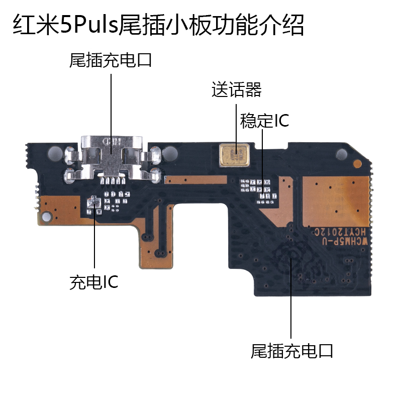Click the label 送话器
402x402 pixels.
237,90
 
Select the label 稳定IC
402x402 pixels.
265,121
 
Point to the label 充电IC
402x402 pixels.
94,282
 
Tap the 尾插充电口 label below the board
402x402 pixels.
292,350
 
